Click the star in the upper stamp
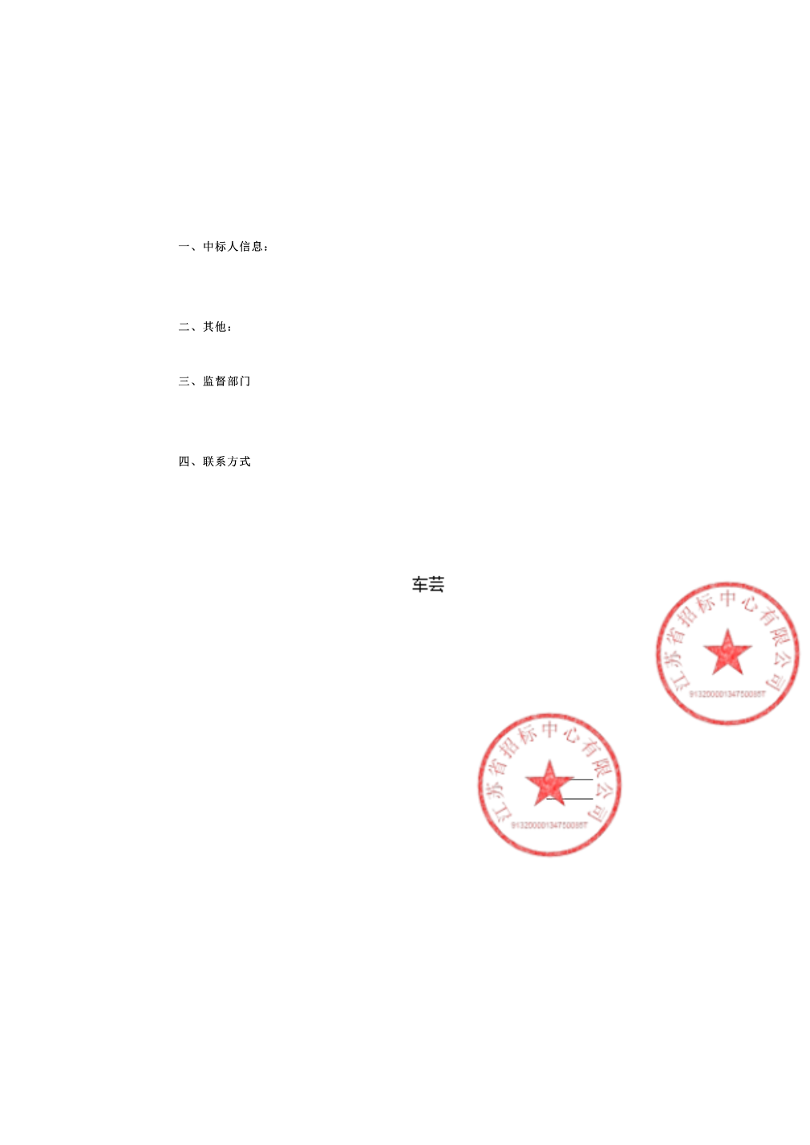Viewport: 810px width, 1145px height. (727, 652)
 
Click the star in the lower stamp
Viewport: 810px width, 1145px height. (549, 783)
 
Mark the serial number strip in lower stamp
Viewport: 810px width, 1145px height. (549, 824)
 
